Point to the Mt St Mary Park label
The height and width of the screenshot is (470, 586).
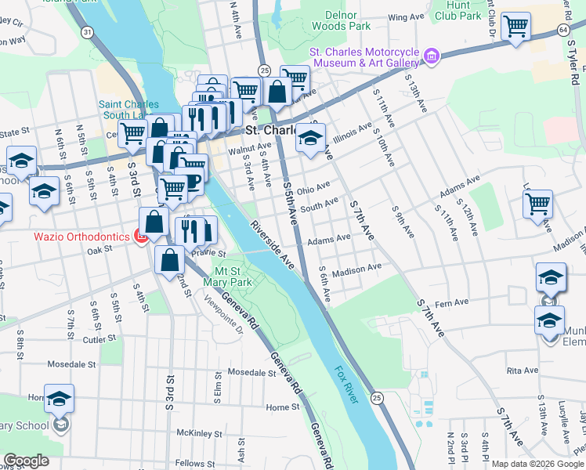click(x=228, y=277)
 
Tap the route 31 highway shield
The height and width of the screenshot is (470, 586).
click(x=87, y=32)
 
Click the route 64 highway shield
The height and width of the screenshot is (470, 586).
click(x=563, y=29)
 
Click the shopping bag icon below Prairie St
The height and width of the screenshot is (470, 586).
click(x=169, y=259)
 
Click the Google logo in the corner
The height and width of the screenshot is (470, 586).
click(x=26, y=461)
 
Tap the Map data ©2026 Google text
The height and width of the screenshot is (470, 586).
click(x=537, y=464)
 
